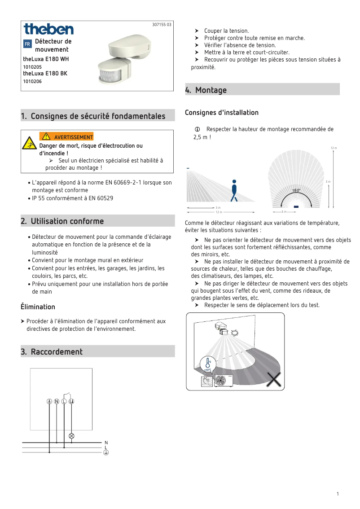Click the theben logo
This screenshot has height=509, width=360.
(48, 30)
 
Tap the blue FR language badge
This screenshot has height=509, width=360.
(27, 44)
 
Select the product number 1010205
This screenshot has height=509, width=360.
(32, 66)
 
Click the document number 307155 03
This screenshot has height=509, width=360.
(162, 25)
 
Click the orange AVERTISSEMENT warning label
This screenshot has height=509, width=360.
(66, 137)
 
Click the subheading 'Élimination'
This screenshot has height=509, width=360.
(38, 307)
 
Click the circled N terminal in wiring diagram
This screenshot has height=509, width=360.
(57, 401)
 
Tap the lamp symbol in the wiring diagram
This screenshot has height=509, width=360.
(71, 436)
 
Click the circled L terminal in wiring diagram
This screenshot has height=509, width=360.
(64, 401)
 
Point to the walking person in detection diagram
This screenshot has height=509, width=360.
(234, 191)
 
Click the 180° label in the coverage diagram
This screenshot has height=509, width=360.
(296, 191)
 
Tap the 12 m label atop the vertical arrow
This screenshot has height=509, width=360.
(333, 148)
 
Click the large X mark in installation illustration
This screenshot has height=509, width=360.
(273, 380)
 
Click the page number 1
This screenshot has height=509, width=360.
(337, 494)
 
